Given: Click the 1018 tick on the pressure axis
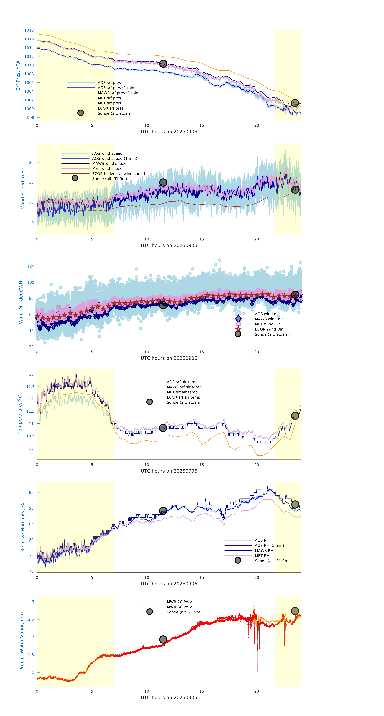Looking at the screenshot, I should tap(29, 30).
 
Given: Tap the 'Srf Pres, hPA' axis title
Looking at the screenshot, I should tap(18, 75).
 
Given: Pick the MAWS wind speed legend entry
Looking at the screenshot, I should tap(109, 163).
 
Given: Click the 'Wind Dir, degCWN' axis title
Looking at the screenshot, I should tap(21, 302).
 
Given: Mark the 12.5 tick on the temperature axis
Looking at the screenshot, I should tap(30, 387).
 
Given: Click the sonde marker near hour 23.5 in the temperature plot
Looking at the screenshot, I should tap(295, 416).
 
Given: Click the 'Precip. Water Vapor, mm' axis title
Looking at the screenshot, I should tap(22, 641).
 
